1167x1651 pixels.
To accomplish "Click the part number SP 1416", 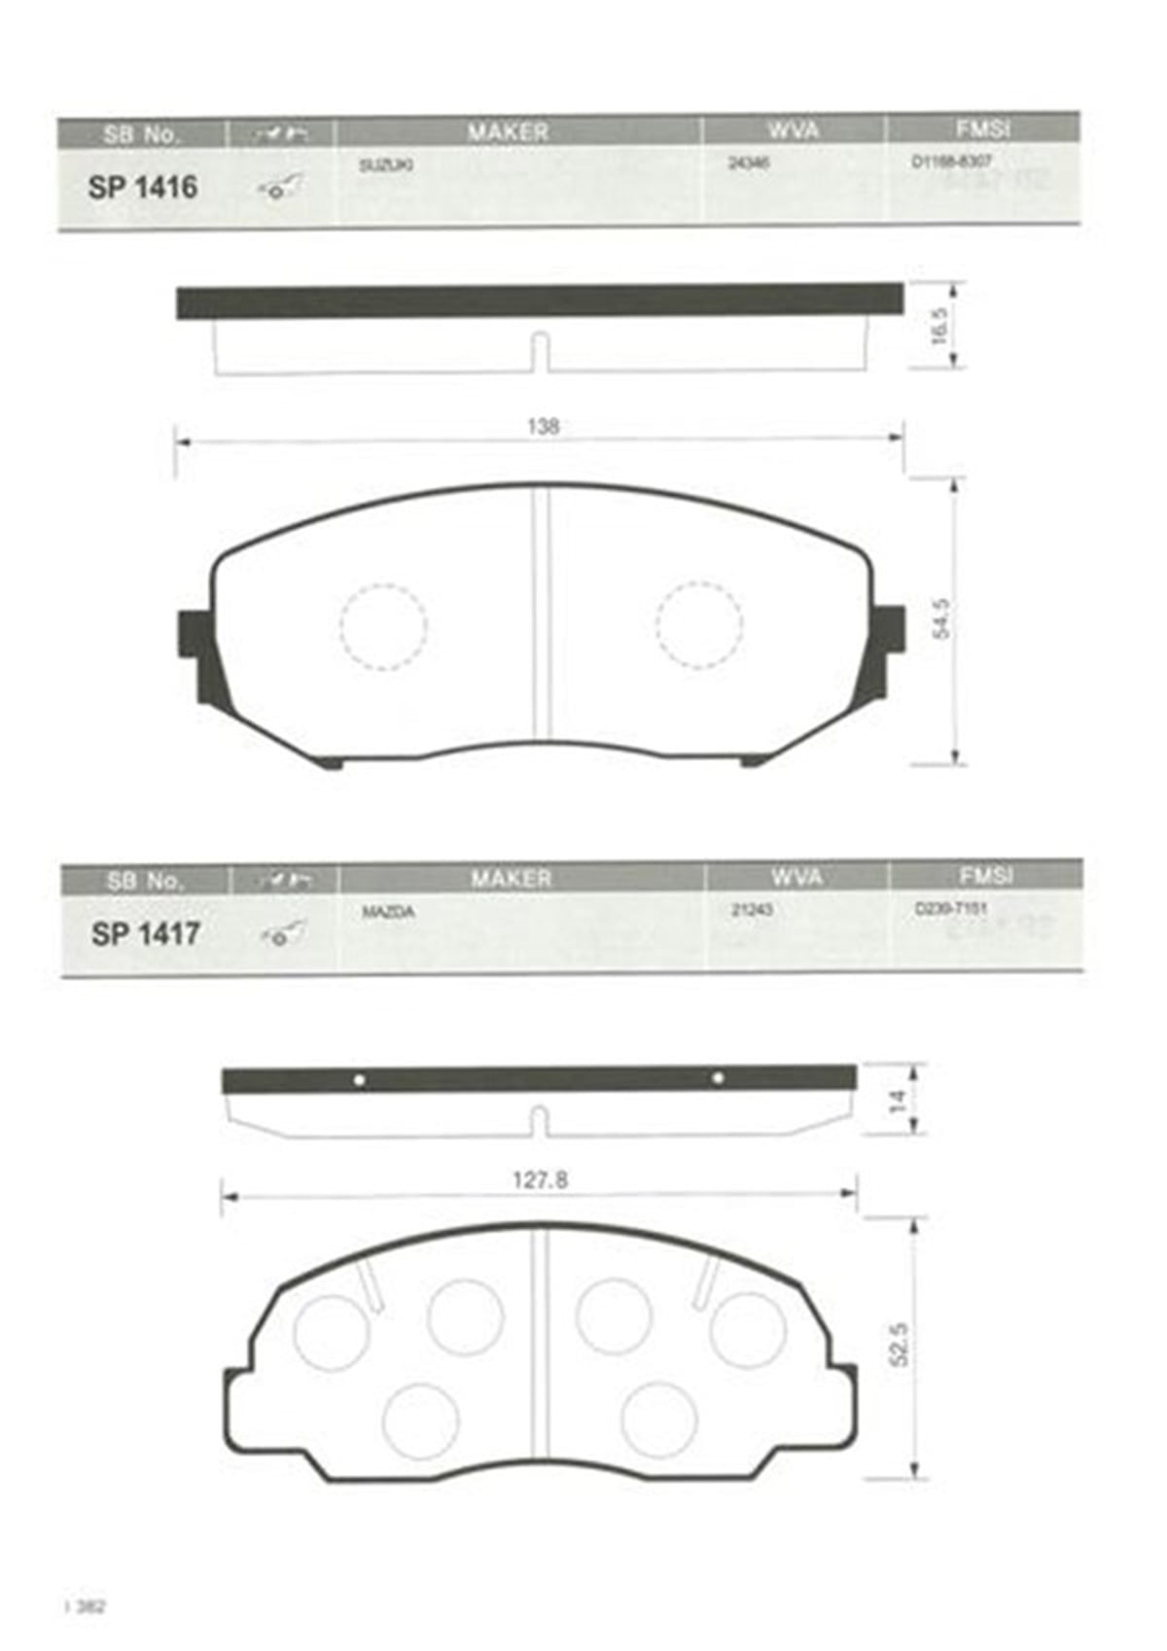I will click(x=142, y=187).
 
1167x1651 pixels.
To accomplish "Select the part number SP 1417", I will click(x=145, y=933).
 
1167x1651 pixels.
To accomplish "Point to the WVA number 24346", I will click(x=749, y=164).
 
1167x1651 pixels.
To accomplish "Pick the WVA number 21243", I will click(x=751, y=911).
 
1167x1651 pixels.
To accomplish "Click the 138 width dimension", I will click(x=543, y=426).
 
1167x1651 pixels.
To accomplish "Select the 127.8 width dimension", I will click(x=540, y=1180).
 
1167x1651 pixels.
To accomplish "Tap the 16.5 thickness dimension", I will click(x=938, y=327).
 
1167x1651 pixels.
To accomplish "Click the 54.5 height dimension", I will click(x=940, y=619).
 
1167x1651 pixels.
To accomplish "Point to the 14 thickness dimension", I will click(x=898, y=1101).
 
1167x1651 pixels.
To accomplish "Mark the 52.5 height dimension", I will click(x=899, y=1344).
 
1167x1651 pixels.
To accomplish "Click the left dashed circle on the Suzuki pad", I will click(x=383, y=626).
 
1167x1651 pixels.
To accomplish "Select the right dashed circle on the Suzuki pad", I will click(x=699, y=626).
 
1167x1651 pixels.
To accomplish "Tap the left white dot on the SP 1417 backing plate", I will click(x=359, y=1079).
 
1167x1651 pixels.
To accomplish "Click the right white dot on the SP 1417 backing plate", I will click(x=718, y=1077).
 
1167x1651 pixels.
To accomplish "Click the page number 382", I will click(x=89, y=1605).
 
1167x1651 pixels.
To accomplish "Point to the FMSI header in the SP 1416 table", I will click(x=981, y=128).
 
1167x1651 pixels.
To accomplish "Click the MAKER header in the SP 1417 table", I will click(x=511, y=878).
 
